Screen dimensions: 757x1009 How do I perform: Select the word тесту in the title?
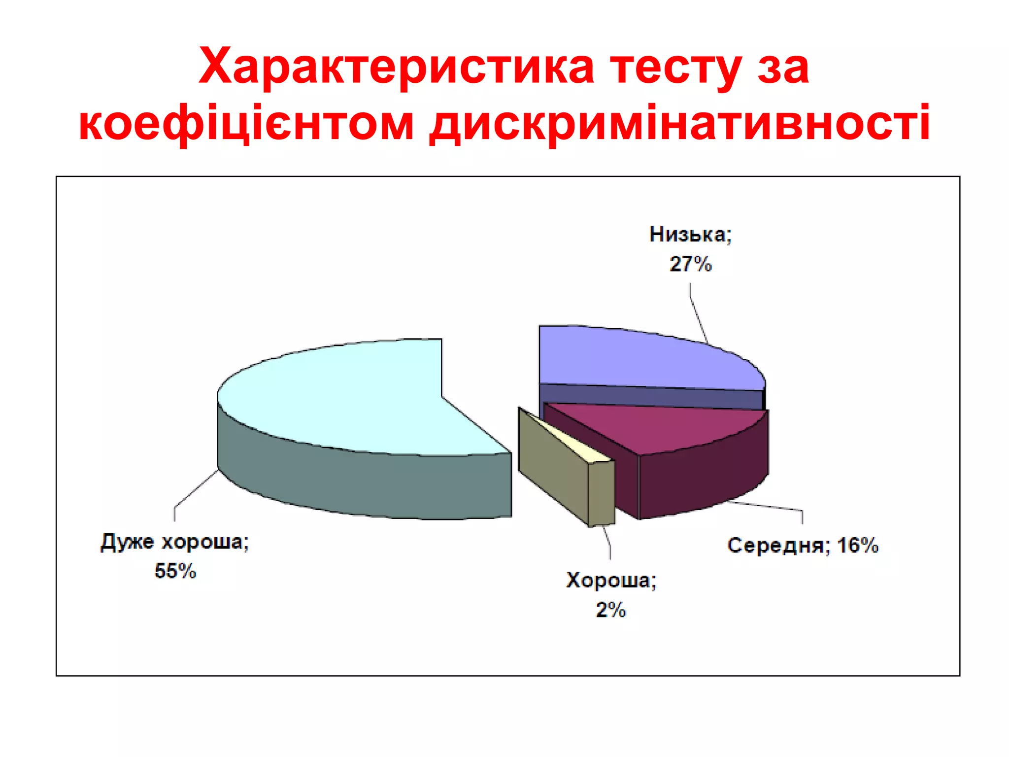675,67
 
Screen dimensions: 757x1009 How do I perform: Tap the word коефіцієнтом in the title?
246,123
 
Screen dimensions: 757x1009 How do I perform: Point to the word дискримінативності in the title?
679,123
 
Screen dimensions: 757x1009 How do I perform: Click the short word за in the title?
783,67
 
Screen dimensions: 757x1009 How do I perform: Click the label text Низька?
691,235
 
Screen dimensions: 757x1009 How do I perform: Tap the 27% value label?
691,264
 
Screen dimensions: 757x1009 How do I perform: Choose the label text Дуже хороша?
175,542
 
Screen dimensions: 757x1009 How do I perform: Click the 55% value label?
175,571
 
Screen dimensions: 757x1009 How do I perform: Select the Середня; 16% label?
803,546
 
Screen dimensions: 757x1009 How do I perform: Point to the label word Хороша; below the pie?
611,581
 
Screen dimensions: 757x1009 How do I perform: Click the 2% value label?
611,610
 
